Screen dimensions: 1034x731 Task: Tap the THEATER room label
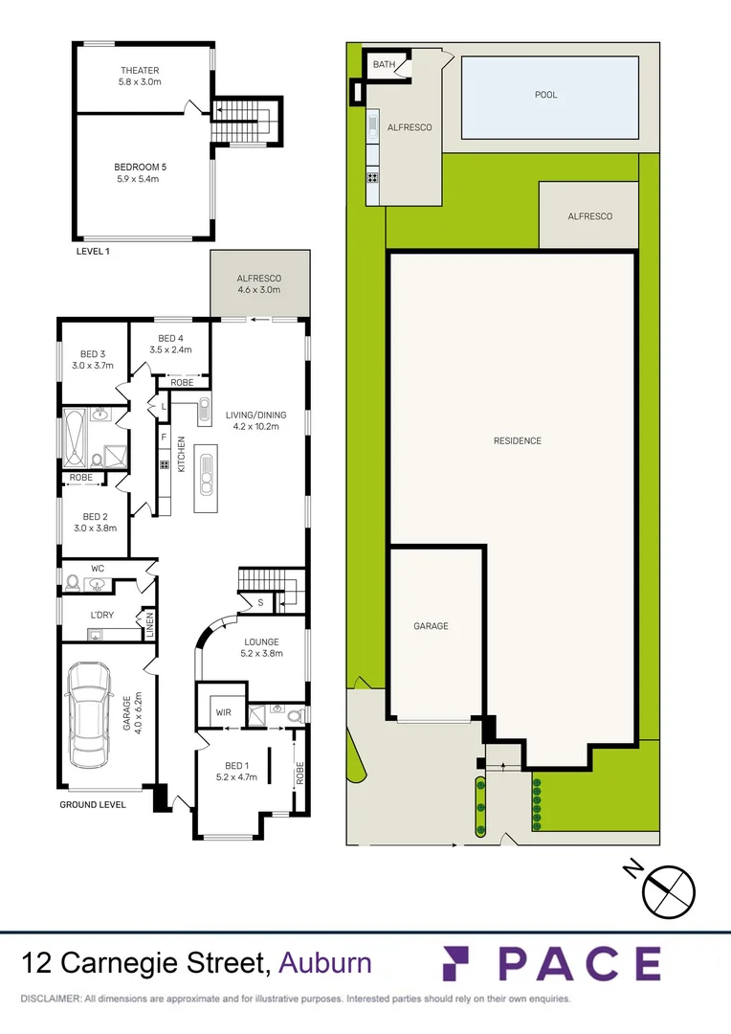click(x=140, y=71)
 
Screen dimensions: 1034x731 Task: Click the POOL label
click(x=545, y=95)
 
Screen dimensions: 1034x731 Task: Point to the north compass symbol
click(x=668, y=888)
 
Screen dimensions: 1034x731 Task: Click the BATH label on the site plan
click(x=384, y=65)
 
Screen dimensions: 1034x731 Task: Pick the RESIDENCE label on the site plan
click(x=518, y=441)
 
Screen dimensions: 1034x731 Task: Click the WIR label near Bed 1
click(x=224, y=712)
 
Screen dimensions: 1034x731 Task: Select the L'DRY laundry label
click(x=102, y=614)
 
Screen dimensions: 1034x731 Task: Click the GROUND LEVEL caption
click(x=93, y=805)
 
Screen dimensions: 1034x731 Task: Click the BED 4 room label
click(x=170, y=338)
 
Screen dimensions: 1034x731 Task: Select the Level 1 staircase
click(x=241, y=122)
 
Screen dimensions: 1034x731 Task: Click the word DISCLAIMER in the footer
click(x=50, y=999)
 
